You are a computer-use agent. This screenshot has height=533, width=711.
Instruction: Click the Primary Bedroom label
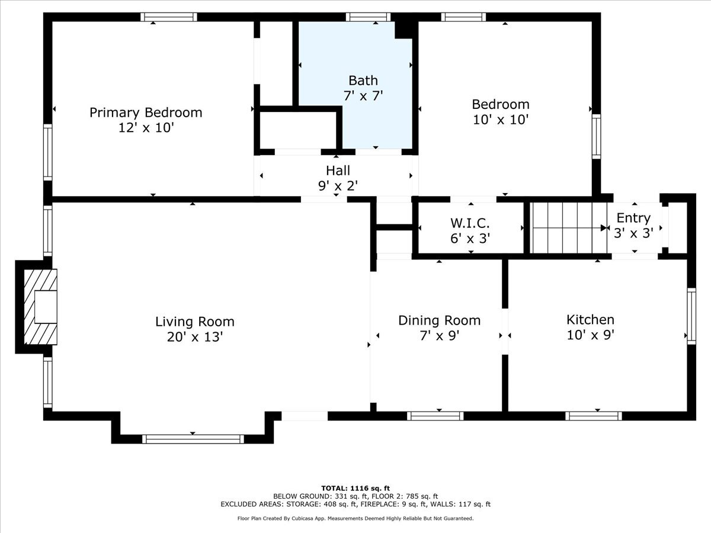[146, 112]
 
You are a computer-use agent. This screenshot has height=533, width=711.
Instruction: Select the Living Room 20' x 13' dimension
[195, 337]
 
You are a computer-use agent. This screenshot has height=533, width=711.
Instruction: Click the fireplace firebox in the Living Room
[45, 307]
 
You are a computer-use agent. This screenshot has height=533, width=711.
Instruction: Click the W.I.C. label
[470, 223]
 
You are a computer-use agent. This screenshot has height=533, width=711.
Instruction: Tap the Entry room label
[633, 217]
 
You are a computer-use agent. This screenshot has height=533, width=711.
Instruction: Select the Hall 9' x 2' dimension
[338, 185]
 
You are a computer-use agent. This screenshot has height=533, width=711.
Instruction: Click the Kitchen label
[590, 319]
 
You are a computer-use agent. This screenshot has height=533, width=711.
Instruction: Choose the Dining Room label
[439, 320]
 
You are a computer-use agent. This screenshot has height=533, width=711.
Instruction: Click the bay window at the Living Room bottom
[193, 439]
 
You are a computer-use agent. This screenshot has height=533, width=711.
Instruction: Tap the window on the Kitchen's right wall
[691, 315]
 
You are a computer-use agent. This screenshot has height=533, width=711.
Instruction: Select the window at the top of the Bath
[369, 17]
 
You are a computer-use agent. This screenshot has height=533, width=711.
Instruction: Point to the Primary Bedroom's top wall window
[169, 17]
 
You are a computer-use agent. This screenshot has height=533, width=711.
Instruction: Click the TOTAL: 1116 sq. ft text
[355, 487]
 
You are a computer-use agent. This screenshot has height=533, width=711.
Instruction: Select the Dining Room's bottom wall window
[435, 416]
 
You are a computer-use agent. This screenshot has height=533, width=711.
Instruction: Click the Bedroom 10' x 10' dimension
[501, 119]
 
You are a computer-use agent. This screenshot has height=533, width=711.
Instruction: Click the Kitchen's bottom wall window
[594, 416]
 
